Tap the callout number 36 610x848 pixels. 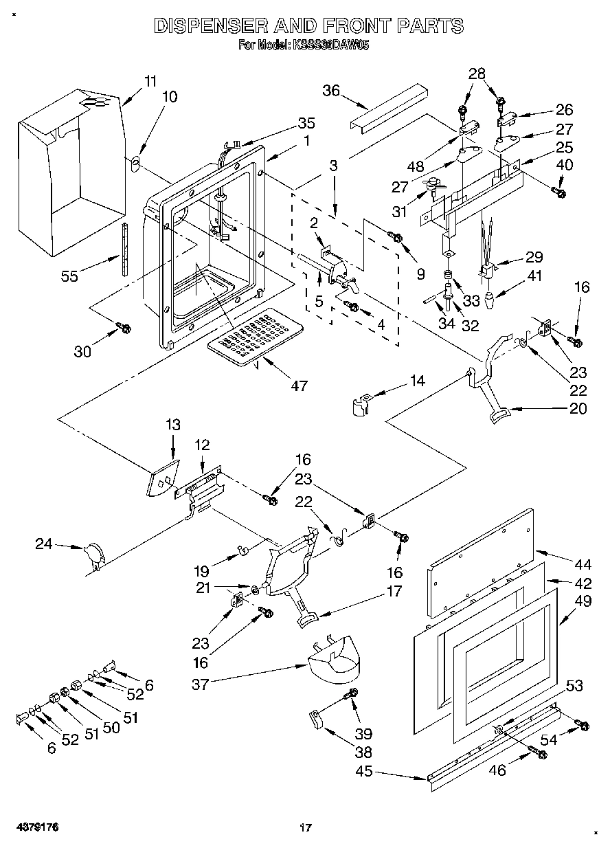coord(331,91)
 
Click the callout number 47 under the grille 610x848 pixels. coord(299,386)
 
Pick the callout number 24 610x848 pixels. coord(44,544)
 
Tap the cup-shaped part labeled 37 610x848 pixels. coord(335,658)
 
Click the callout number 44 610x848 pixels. coord(583,565)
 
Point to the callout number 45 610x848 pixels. coord(364,771)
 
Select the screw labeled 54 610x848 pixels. coord(583,724)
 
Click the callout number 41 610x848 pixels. coord(534,277)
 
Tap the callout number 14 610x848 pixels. coord(417,380)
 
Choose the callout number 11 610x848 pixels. coord(150,80)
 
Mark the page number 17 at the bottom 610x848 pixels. coord(306,827)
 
